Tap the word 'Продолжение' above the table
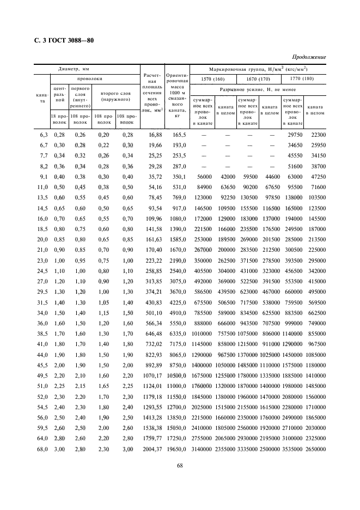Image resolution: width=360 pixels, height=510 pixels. [x=308, y=57]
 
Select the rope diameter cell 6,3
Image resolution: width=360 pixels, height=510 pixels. [x=44, y=135]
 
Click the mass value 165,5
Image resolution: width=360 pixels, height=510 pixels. [x=180, y=135]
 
